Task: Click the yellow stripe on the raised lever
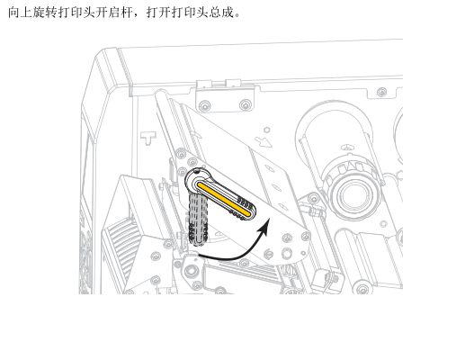coord(224,199)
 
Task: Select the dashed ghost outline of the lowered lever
coord(198,219)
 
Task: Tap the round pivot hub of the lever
coord(197,179)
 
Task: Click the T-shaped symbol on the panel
coord(148,138)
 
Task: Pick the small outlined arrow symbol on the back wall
coord(263,142)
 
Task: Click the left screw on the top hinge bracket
coord(205,105)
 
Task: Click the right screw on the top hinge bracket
coord(246,105)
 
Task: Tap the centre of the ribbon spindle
coord(353,193)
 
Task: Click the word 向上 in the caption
coord(20,13)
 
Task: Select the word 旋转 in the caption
coord(45,13)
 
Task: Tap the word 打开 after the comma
coord(159,13)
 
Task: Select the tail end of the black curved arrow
coord(199,256)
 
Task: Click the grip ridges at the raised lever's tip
coord(245,208)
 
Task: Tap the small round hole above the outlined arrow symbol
coord(266,130)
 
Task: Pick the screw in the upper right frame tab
coord(382,92)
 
